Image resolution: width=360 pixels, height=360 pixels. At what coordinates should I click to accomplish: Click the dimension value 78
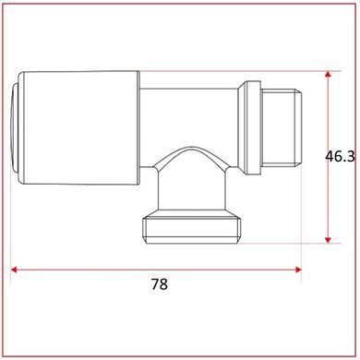(x=160, y=284)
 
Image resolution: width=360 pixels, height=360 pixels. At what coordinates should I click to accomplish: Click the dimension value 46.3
(x=340, y=157)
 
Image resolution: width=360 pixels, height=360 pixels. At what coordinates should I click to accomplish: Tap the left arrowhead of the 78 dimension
(x=14, y=270)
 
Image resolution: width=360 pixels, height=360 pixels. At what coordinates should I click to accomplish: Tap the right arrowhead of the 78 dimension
(x=298, y=270)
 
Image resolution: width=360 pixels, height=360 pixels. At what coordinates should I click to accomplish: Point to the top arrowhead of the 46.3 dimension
(x=328, y=75)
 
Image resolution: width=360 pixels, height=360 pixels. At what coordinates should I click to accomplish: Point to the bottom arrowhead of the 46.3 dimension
(x=328, y=240)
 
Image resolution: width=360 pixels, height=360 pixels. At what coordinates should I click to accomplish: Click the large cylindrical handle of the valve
(x=78, y=128)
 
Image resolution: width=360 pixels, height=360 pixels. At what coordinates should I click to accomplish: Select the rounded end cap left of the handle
(x=14, y=128)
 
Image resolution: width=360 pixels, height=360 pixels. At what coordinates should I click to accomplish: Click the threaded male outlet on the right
(x=281, y=127)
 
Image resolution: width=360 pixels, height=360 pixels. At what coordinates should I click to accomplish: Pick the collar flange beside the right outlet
(x=249, y=127)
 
